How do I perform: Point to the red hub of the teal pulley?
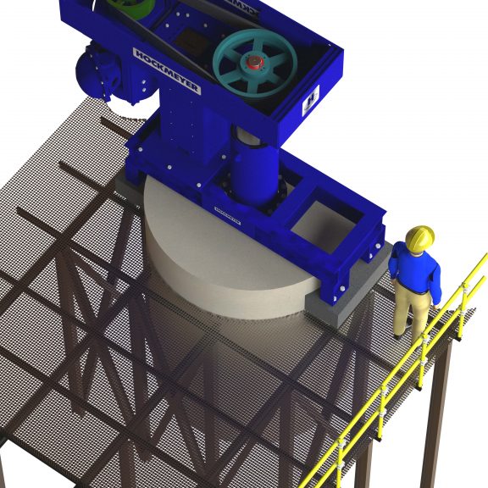point(254,63)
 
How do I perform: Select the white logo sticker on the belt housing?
point(310,98)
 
